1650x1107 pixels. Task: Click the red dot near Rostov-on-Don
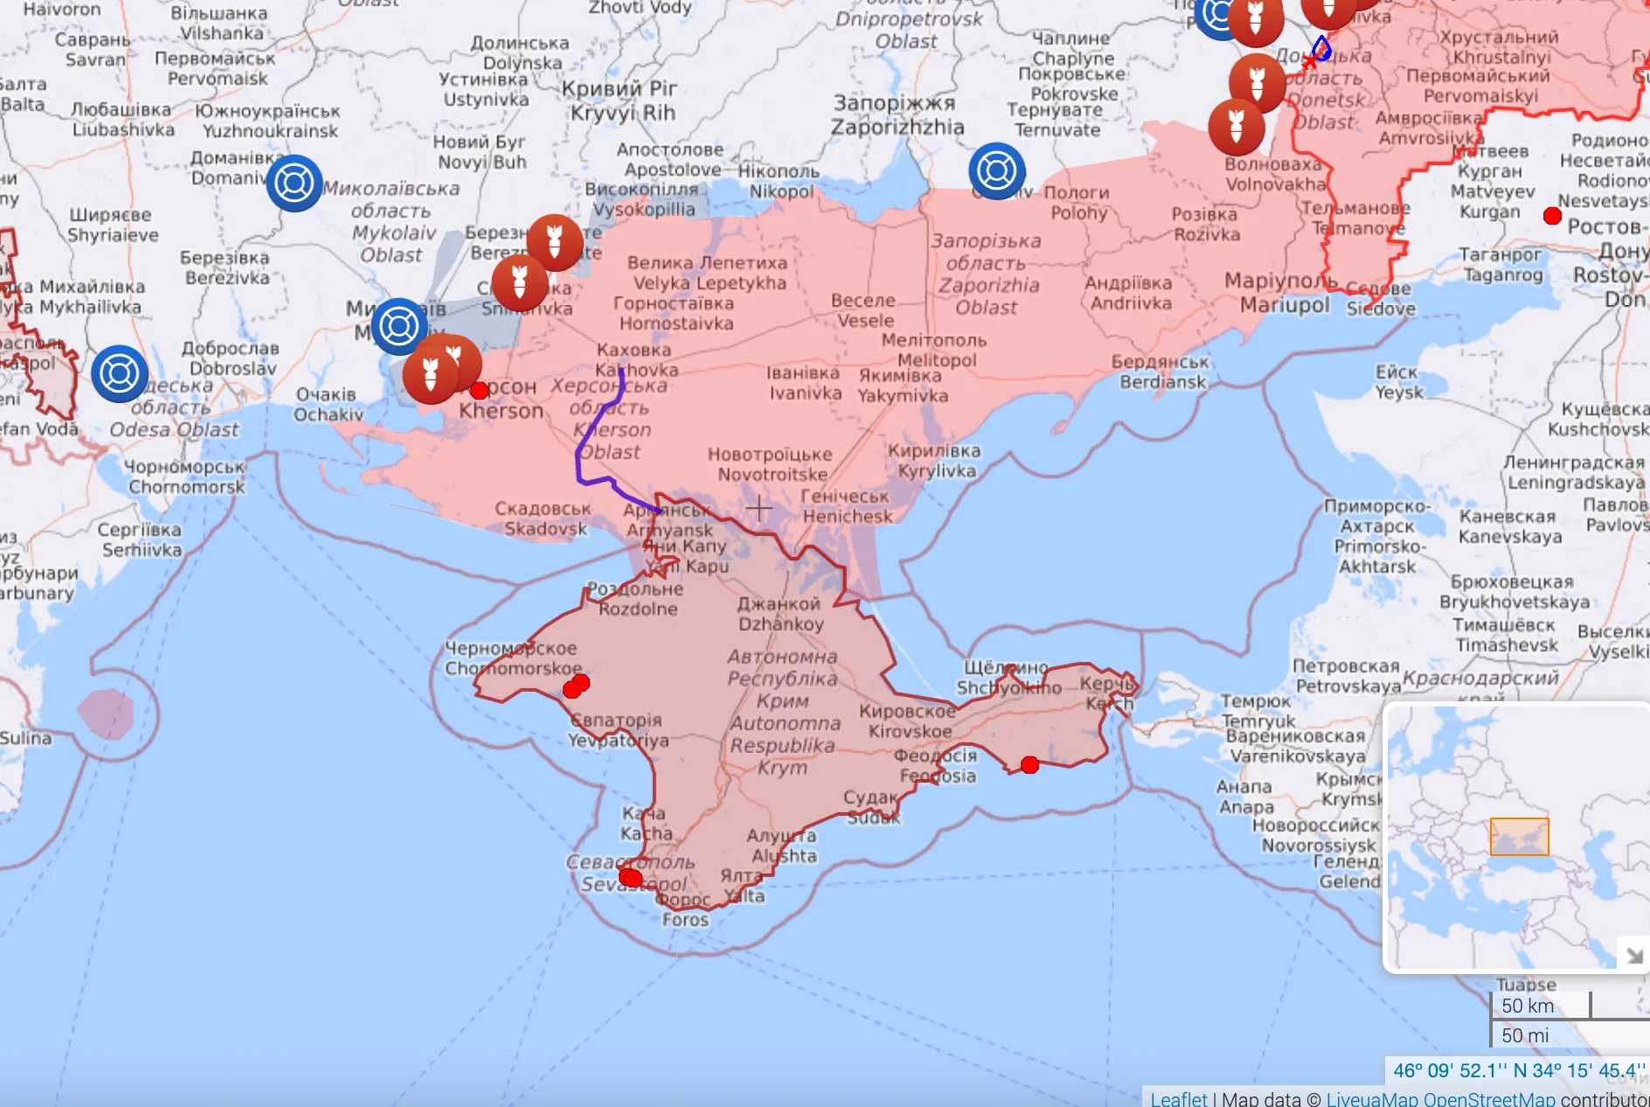(x=1552, y=216)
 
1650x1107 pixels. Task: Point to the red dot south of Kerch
(x=1030, y=765)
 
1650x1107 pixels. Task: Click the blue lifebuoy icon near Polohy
(x=997, y=171)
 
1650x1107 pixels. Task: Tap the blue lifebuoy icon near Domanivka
(x=295, y=183)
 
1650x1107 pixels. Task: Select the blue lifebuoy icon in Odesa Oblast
(x=120, y=373)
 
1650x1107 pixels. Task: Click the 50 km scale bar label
(x=1528, y=1006)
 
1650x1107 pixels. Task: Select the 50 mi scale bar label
(x=1525, y=1035)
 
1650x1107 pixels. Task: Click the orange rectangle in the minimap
(x=1519, y=837)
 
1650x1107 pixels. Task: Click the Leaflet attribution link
(x=1178, y=1098)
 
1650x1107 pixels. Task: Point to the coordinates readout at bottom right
(x=1518, y=1070)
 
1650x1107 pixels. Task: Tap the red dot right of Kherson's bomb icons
(x=479, y=390)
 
